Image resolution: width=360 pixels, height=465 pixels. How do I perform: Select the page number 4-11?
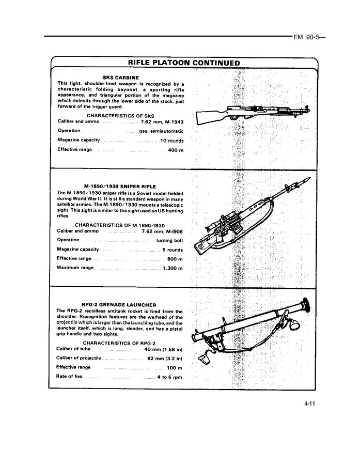[x=309, y=404]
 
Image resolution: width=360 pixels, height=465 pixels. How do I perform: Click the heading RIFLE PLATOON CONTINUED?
[x=184, y=63]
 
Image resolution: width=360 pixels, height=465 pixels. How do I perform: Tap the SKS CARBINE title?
[x=121, y=78]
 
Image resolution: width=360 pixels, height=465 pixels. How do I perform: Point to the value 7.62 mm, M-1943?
[x=162, y=122]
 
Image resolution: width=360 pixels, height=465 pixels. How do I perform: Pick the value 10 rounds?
[x=171, y=141]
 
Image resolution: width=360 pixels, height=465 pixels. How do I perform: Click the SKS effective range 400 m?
[x=176, y=150]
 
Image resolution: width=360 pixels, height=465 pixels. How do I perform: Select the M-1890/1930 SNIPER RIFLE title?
[x=120, y=187]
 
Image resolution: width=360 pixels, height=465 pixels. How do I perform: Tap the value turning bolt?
[x=169, y=240]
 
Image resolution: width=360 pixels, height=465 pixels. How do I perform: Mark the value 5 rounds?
[x=173, y=250]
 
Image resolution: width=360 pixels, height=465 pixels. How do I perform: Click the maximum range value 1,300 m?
[x=173, y=268]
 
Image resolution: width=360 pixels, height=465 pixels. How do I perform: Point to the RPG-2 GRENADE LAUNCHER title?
[x=119, y=305]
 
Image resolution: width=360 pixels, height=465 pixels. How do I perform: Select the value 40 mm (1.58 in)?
[x=163, y=349]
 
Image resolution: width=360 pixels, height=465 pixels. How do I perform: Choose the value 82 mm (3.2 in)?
[x=165, y=359]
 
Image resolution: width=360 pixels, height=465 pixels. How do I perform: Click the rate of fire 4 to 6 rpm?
[x=169, y=377]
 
